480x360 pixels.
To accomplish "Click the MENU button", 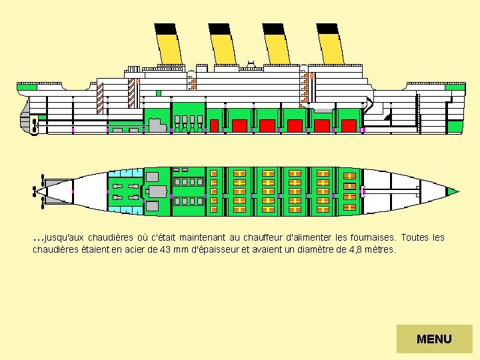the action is [x=434, y=339].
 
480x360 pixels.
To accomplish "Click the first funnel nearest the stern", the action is [x=169, y=47].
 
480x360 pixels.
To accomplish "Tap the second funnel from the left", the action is [x=223, y=47].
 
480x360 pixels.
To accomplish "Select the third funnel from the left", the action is [x=277, y=47].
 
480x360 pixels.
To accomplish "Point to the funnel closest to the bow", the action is [x=331, y=47].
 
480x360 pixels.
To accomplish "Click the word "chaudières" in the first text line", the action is [x=111, y=238].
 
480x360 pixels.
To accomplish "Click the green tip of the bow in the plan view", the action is [x=453, y=192].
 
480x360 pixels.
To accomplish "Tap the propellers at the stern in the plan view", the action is [x=39, y=191].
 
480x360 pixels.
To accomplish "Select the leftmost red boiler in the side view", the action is [x=214, y=125].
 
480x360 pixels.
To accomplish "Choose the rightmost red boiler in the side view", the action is [x=348, y=125].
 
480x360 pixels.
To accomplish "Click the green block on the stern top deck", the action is [x=27, y=87].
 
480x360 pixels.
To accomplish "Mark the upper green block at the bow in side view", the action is [x=455, y=87].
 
